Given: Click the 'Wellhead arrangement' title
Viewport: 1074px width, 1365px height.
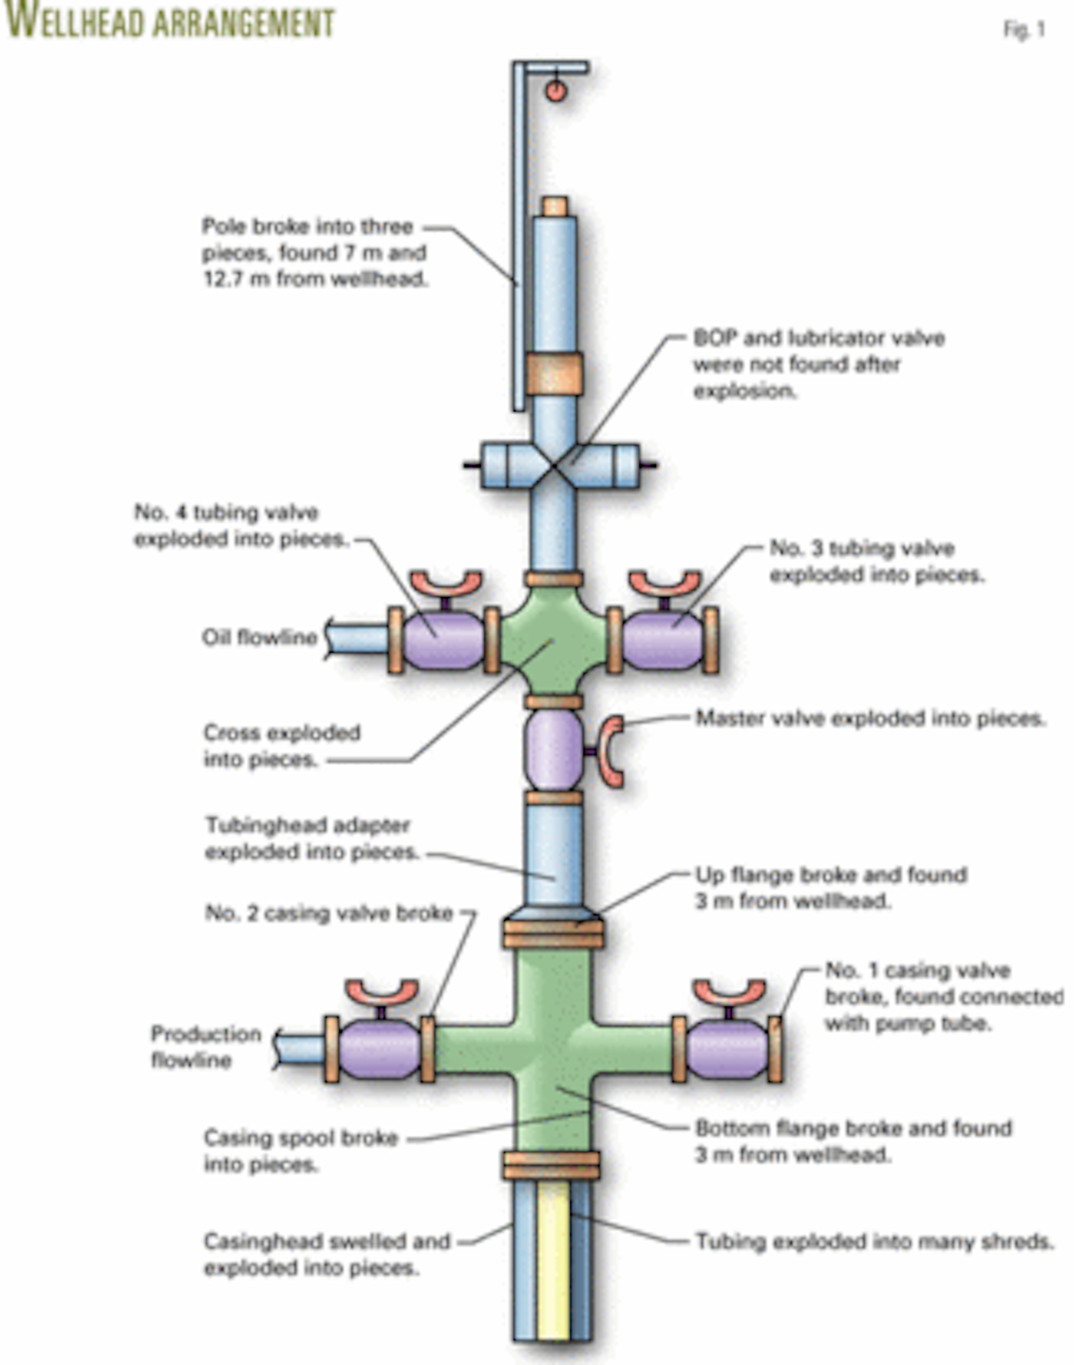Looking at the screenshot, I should tap(170, 21).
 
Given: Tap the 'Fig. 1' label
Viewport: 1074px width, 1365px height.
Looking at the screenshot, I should tap(1023, 30).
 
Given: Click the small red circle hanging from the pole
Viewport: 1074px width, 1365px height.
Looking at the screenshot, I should tap(556, 90).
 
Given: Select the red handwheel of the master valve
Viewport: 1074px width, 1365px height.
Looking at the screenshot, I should tap(612, 751).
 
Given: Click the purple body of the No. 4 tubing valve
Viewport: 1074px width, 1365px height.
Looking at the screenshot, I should tap(443, 639).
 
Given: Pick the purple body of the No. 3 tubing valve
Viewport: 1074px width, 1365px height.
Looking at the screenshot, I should tap(663, 639).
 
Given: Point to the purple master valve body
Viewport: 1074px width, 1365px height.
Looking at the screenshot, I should tap(553, 750).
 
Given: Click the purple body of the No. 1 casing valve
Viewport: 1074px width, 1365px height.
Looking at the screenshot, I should tap(727, 1049).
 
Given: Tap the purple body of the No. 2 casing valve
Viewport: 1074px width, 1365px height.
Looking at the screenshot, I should tap(380, 1050).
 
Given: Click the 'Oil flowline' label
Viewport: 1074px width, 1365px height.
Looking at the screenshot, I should tap(260, 637).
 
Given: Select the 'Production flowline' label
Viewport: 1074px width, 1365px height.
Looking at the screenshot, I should tap(205, 1046).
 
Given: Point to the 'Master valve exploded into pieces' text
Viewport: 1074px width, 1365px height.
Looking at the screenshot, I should tap(870, 719).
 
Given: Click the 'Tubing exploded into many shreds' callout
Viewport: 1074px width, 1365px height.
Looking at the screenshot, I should tap(874, 1241).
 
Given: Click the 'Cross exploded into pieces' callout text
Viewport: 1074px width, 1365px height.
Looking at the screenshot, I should tap(281, 746).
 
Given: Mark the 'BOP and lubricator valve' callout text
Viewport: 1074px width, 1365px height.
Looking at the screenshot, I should tap(818, 364).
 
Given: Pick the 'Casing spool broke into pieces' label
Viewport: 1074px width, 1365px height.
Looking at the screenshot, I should tap(300, 1151).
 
